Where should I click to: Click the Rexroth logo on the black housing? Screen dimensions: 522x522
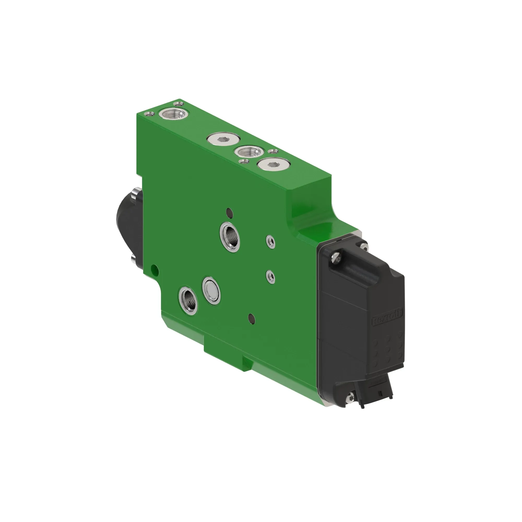387,318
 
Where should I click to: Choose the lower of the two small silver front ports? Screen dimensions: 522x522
270,276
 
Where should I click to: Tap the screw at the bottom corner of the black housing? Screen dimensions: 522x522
352,397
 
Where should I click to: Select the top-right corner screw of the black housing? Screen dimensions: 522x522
364,247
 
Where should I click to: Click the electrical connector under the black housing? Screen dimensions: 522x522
379,390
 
